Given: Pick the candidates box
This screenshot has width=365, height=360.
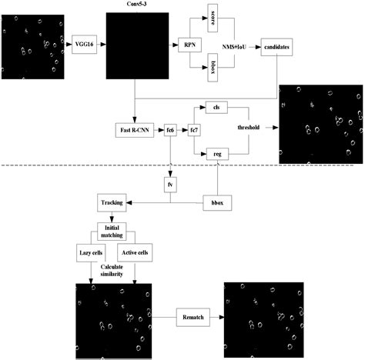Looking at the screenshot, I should click(276, 47).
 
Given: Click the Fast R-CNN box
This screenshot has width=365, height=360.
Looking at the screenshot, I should click(136, 131).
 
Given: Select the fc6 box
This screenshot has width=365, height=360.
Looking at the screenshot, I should click(170, 131).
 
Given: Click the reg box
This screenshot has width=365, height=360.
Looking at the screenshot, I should click(217, 155).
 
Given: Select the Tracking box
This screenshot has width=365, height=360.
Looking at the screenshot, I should click(112, 202).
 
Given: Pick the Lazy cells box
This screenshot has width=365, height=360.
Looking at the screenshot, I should click(92, 252).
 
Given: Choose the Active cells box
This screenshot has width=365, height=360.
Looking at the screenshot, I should click(136, 252).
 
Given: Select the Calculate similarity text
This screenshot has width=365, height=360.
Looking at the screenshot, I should click(113, 271).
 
